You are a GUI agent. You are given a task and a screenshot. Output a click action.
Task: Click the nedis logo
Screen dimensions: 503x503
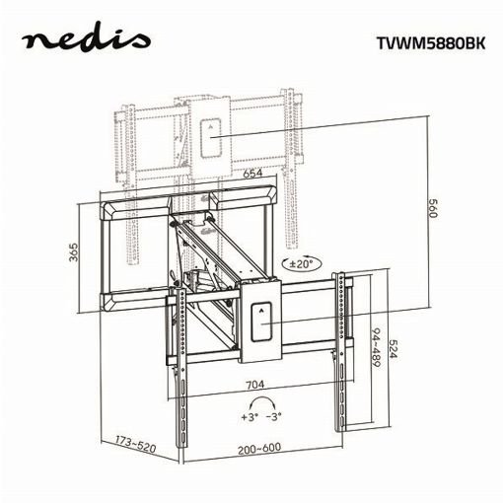click(x=86, y=40)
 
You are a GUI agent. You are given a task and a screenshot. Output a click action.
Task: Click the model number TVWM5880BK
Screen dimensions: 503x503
click(x=431, y=43)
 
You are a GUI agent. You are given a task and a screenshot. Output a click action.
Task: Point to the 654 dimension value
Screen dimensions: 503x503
click(x=252, y=174)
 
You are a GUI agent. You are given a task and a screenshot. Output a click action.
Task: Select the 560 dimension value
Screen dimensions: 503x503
click(x=432, y=208)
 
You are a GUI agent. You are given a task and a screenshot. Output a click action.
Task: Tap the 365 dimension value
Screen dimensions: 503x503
click(x=74, y=251)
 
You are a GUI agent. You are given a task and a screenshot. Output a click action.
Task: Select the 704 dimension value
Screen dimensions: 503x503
click(x=255, y=384)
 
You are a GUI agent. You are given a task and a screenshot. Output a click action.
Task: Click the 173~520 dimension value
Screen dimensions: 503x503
click(x=135, y=444)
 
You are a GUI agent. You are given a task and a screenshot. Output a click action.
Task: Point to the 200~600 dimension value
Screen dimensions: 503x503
click(x=259, y=448)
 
